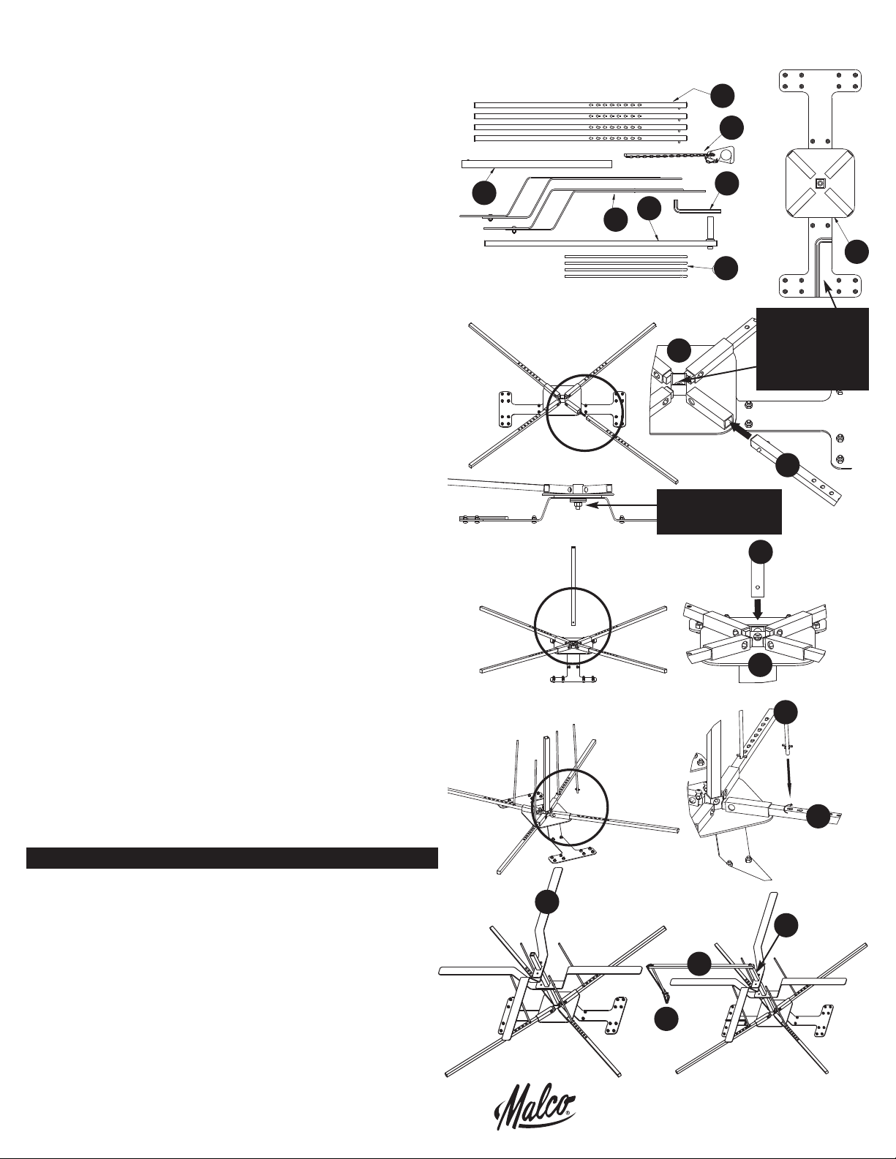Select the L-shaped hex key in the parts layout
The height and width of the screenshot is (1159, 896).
click(x=696, y=205)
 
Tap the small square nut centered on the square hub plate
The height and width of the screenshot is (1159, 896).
click(x=820, y=184)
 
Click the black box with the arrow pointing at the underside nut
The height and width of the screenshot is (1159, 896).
click(x=718, y=511)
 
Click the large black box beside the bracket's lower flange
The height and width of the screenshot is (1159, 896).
click(x=813, y=349)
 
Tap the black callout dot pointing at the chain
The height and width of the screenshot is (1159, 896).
click(x=731, y=129)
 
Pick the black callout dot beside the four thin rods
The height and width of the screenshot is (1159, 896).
click(x=726, y=268)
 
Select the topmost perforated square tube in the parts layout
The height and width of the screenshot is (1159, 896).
click(x=581, y=105)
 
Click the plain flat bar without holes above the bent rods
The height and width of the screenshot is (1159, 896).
click(x=537, y=164)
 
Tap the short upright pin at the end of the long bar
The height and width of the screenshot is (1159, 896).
click(x=712, y=230)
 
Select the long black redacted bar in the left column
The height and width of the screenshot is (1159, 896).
click(x=232, y=858)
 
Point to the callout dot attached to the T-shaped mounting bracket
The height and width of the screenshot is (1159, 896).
click(x=857, y=252)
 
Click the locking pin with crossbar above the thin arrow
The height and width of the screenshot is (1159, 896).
click(x=787, y=747)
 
